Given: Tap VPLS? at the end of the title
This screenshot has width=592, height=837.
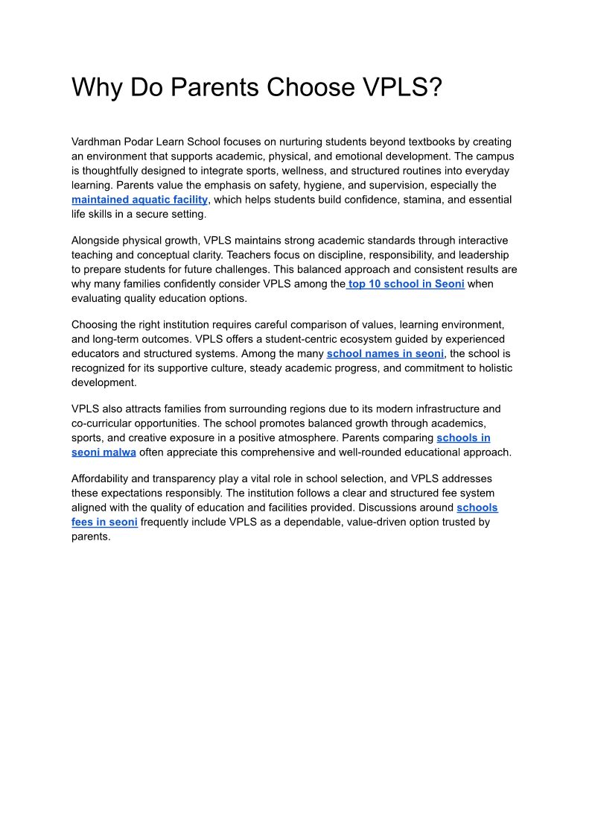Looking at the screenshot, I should (402, 88).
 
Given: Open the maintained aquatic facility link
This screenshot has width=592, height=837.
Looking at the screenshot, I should (139, 200).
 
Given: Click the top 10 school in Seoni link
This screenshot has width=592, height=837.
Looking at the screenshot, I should (406, 284).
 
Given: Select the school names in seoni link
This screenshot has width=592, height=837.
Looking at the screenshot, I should (385, 353).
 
